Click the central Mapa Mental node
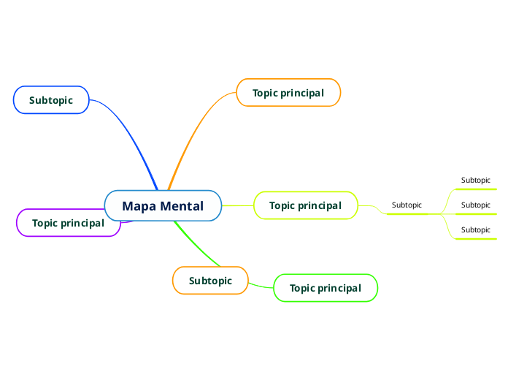pyautogui.click(x=163, y=206)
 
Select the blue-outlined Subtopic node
pyautogui.click(x=51, y=100)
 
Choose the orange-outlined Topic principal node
pyautogui.click(x=288, y=93)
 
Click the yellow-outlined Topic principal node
pyautogui.click(x=305, y=205)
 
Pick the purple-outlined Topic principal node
pyautogui.click(x=68, y=223)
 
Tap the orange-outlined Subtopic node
pyautogui.click(x=210, y=281)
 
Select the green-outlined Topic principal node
pyautogui.click(x=325, y=288)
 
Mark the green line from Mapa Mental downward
pyautogui.click(x=197, y=245)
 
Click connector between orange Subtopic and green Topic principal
pyautogui.click(x=261, y=284)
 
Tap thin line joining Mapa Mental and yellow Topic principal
pyautogui.click(x=237, y=205)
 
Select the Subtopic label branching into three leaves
pyautogui.click(x=407, y=205)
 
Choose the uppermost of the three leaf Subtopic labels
pyautogui.click(x=475, y=180)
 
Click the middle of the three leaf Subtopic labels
pyautogui.click(x=475, y=205)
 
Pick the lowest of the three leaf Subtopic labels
pyautogui.click(x=475, y=230)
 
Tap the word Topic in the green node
pyautogui.click(x=302, y=288)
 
